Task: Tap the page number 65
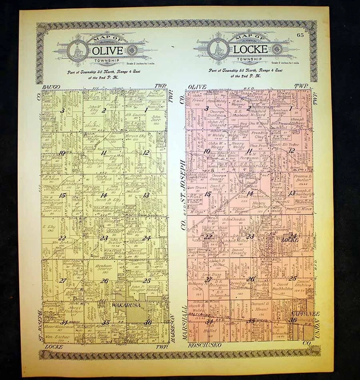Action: [318, 37]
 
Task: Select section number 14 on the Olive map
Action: [104, 195]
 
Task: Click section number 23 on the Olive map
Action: [104, 238]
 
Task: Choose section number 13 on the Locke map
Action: [292, 193]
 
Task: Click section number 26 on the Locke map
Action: [251, 278]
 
